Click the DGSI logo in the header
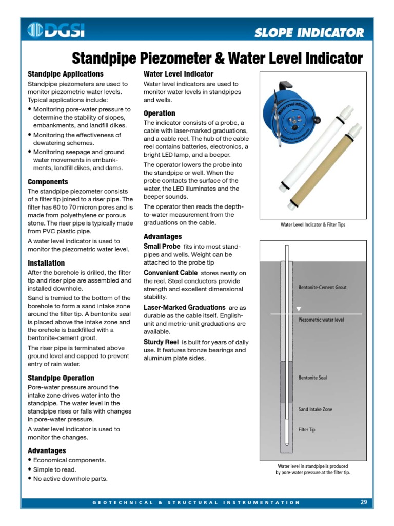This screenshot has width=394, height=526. click(x=56, y=32)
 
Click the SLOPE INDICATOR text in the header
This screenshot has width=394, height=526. click(x=309, y=33)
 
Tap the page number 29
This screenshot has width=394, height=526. click(x=363, y=502)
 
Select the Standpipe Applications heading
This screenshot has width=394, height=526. click(x=65, y=74)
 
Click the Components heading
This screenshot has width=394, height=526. click(x=48, y=182)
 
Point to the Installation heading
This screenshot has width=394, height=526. click(x=46, y=263)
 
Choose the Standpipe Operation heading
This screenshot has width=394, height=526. click(x=61, y=378)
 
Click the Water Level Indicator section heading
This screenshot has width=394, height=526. click(x=179, y=74)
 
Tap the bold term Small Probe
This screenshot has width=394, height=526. click(x=162, y=246)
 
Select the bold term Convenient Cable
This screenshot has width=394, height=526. click(x=170, y=272)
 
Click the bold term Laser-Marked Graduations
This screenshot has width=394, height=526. click(x=184, y=307)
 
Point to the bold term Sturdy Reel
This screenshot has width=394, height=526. click(x=161, y=342)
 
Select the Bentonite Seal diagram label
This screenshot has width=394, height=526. click(x=312, y=378)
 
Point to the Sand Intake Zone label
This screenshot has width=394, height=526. click(x=315, y=409)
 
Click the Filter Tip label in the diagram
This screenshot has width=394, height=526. click(x=307, y=429)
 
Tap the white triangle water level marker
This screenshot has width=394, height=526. click(x=299, y=309)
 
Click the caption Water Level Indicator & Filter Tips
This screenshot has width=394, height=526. click(x=312, y=224)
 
